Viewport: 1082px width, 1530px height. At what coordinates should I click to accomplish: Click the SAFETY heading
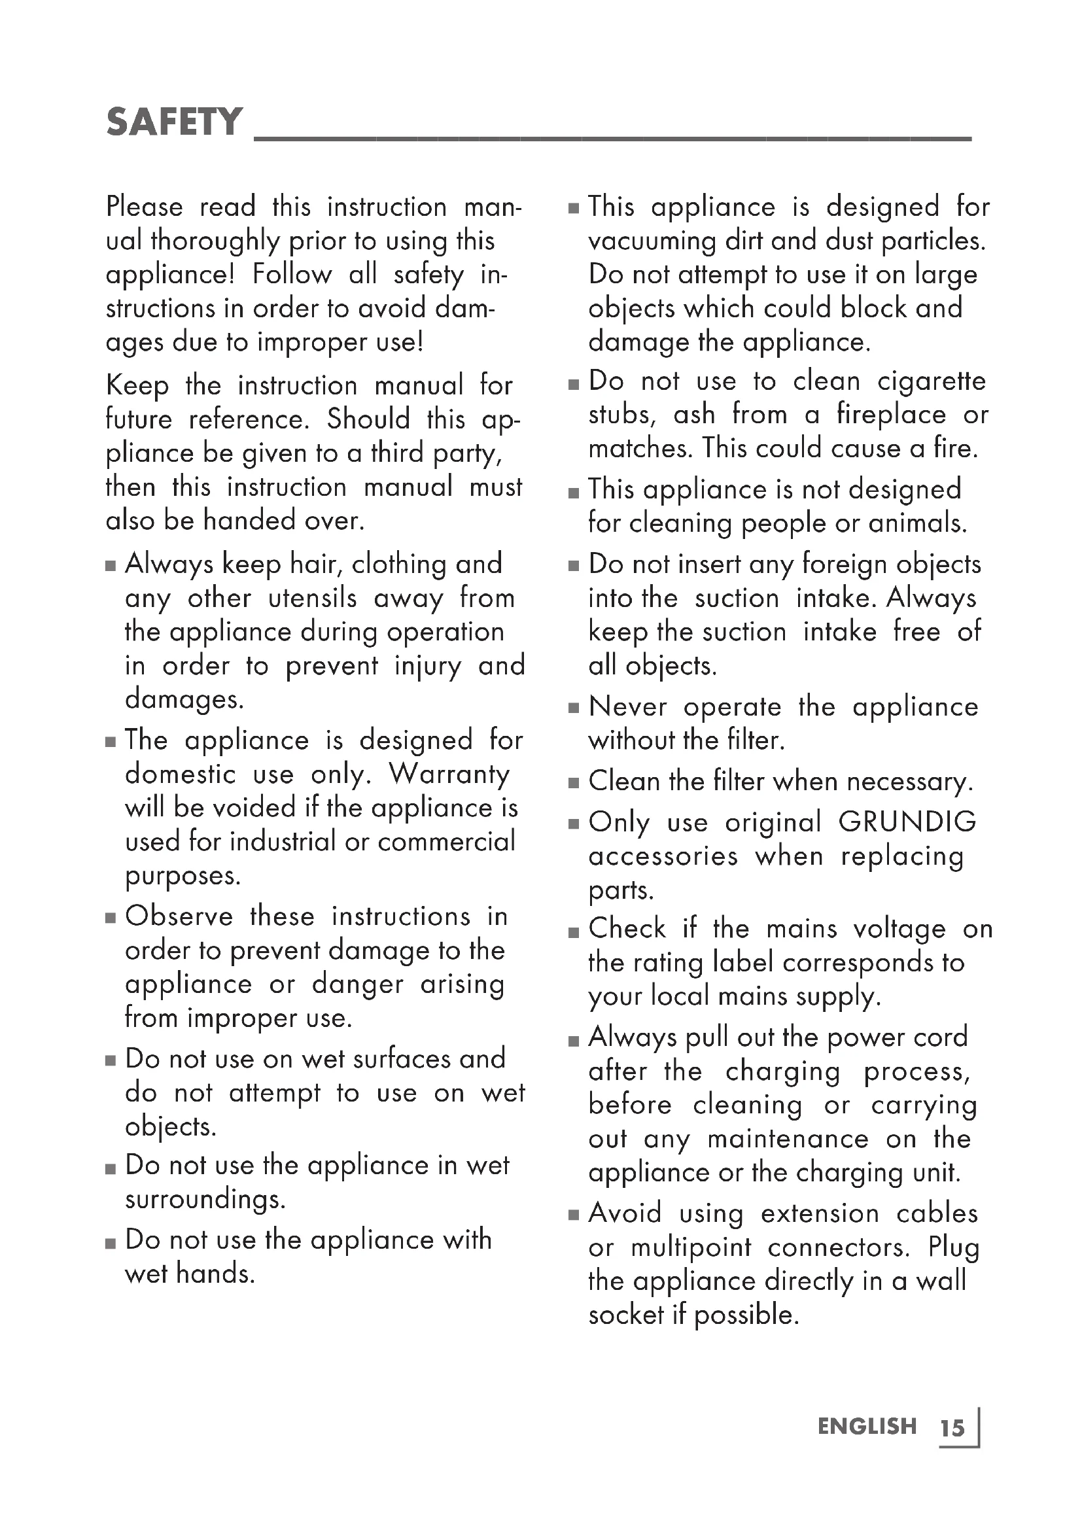click(174, 122)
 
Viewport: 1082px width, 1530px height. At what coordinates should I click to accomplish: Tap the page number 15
click(952, 1428)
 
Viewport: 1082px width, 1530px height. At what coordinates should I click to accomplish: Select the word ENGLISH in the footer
click(867, 1426)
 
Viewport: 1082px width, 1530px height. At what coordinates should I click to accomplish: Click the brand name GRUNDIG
click(907, 822)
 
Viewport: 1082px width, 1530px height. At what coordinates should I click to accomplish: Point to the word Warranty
click(449, 774)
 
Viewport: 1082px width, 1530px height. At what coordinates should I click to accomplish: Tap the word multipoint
click(691, 1247)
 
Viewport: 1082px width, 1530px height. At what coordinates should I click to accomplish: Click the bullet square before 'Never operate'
click(574, 708)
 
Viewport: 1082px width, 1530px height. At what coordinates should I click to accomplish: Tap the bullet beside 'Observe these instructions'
click(111, 918)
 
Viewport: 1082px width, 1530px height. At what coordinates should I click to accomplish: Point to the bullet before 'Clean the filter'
click(574, 783)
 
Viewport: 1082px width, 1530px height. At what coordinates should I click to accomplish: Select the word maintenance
click(788, 1139)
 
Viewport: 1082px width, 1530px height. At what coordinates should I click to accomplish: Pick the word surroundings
click(205, 1200)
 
